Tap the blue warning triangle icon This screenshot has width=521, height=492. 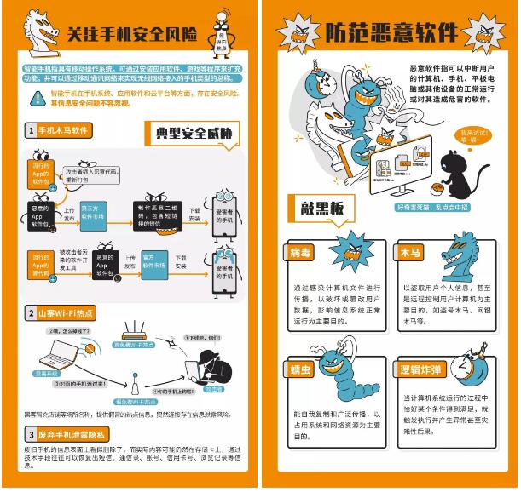pyautogui.click(x=37, y=98)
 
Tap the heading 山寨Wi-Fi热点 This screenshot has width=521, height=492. pyautogui.click(x=62, y=312)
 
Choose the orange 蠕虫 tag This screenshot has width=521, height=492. pyautogui.click(x=303, y=369)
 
